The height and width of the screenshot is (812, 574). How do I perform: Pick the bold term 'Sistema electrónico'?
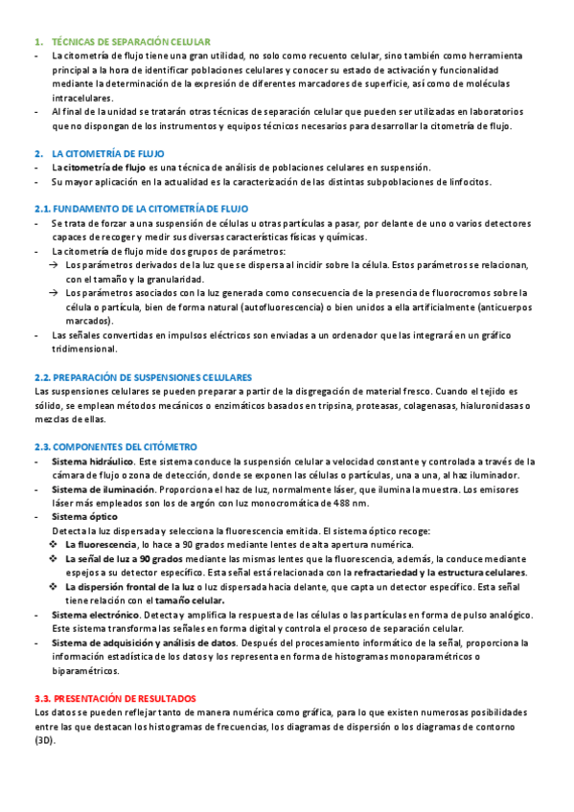point(94,614)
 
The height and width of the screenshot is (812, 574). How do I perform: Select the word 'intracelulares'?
point(81,99)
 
